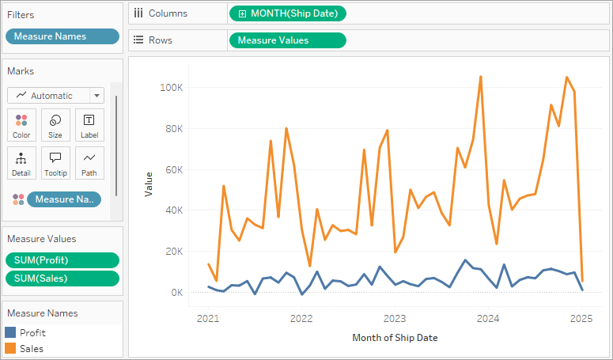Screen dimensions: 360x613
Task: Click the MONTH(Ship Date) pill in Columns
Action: click(287, 13)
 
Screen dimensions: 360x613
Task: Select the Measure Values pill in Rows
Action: click(287, 40)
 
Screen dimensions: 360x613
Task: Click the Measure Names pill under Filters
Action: click(62, 36)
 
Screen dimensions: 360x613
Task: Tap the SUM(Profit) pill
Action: click(62, 260)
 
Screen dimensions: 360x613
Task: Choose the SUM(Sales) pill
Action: click(62, 278)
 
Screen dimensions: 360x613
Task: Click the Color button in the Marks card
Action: click(21, 125)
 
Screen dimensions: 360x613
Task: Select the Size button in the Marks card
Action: click(55, 125)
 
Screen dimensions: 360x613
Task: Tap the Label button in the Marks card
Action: click(89, 125)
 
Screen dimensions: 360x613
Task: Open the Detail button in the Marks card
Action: click(21, 163)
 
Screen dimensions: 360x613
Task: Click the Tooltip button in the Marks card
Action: click(55, 163)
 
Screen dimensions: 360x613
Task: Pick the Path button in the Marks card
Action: click(89, 163)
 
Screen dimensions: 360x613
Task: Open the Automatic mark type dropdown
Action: click(55, 96)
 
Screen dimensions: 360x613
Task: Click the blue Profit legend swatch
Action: click(10, 333)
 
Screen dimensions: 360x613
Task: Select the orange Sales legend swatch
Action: click(10, 348)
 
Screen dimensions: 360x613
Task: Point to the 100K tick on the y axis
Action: click(172, 87)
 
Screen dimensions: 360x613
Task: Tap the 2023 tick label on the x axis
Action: click(395, 319)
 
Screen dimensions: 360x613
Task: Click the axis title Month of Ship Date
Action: click(395, 338)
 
